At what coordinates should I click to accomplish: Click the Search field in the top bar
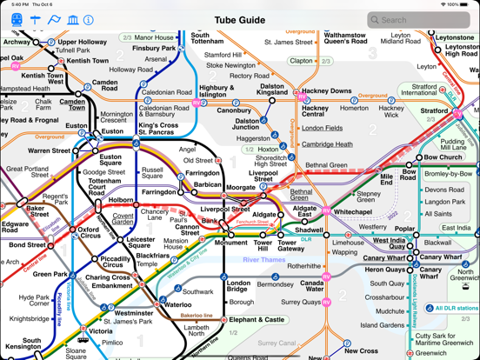[x=417, y=19]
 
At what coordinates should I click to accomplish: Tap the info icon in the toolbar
[x=89, y=19]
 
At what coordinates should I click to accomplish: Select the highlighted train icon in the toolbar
[x=17, y=19]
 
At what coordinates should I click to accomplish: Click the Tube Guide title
[x=239, y=19]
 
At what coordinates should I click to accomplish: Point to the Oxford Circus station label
[x=90, y=233]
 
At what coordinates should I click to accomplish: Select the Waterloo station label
[x=177, y=304]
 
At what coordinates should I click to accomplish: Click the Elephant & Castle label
[x=257, y=319]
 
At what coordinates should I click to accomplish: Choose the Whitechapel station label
[x=352, y=211]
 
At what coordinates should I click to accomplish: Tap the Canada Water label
[x=312, y=285]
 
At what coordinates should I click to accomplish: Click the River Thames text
[x=263, y=259]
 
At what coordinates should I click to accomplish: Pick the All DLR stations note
[x=455, y=308]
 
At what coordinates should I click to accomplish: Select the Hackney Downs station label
[x=328, y=90]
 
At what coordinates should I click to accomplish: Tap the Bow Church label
[x=443, y=157]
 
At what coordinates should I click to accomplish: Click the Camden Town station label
[x=72, y=105]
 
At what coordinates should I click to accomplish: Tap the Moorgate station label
[x=240, y=187]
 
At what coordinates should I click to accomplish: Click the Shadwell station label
[x=309, y=231]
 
